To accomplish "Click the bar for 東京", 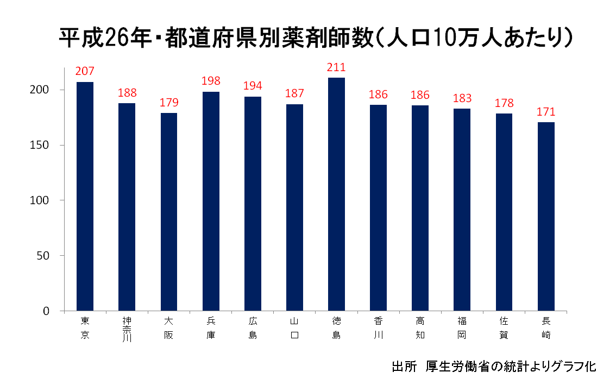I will (85, 197).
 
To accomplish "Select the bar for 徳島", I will (337, 194).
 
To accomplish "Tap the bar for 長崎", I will (546, 217).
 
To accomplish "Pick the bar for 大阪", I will (169, 212).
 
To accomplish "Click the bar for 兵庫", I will (211, 201).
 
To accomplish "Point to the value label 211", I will (337, 68).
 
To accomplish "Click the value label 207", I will (85, 71).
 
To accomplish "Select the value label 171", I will (546, 112).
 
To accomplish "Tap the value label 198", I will (211, 81).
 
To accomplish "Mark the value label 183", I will (462, 98).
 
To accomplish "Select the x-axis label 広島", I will (253, 328).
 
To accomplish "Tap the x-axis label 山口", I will (294, 328).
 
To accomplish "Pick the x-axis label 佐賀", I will (504, 328).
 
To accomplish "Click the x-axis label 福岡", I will (462, 328).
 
